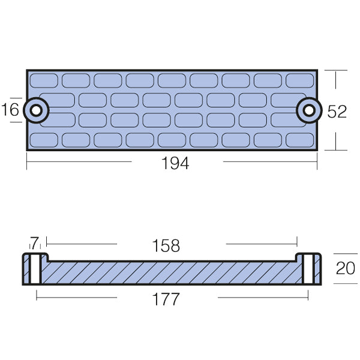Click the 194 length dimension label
click(x=175, y=163)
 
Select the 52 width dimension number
click(x=337, y=111)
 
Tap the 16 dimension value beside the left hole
click(x=11, y=110)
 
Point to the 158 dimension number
click(x=166, y=246)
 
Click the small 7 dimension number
click(x=34, y=243)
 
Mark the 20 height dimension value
click(x=346, y=269)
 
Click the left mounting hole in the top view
click(x=36, y=110)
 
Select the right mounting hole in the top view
click(x=308, y=110)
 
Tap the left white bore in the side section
click(x=35, y=269)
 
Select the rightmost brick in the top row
click(x=300, y=80)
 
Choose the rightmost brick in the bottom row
click(x=300, y=140)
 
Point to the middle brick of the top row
click(x=172, y=80)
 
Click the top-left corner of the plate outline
click(x=27, y=71)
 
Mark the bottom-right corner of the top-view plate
click(x=316, y=149)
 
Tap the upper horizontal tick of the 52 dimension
click(x=336, y=71)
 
